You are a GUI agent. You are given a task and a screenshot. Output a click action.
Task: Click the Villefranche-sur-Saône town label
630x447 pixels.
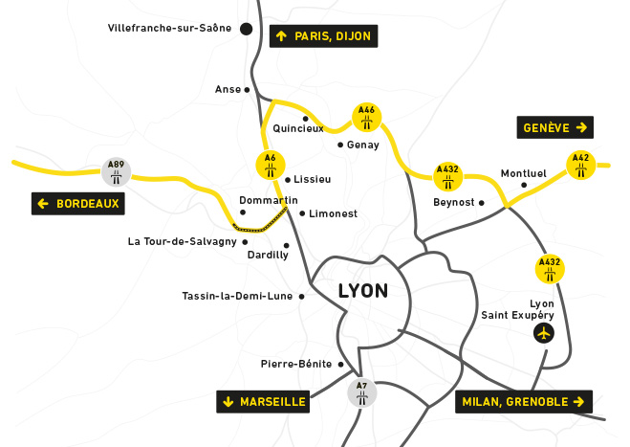171,29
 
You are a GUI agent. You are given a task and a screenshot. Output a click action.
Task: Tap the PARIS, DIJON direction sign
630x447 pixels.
324,36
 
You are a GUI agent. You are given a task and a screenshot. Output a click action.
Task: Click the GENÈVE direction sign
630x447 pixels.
555,127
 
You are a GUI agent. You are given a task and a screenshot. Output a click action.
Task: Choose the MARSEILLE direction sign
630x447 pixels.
264,402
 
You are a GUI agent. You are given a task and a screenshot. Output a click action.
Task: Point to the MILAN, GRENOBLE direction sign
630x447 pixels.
523,402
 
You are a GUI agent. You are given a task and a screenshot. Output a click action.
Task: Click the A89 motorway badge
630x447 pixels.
116,171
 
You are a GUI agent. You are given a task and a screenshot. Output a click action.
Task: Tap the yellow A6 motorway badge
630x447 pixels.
271,165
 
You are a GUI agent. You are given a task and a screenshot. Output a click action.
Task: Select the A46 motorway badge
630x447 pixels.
366,118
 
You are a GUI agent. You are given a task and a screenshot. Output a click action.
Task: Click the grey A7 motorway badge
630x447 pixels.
360,393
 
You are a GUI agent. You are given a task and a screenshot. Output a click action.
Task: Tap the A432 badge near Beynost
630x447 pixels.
447,176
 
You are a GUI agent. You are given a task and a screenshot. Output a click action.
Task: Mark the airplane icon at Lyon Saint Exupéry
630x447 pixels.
544,333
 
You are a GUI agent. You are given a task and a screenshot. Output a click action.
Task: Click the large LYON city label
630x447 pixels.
363,291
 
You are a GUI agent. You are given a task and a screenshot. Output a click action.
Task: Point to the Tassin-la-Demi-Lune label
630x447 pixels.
237,296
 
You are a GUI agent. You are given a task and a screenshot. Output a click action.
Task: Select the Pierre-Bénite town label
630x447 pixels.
295,364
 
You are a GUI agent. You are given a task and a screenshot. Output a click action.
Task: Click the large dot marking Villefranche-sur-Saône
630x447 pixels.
246,29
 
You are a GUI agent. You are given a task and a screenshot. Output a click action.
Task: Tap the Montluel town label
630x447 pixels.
523,174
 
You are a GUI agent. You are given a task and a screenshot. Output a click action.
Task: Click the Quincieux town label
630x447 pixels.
298,128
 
